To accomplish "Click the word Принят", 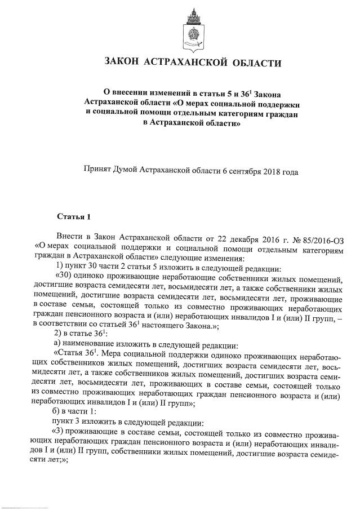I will pos(99,169).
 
